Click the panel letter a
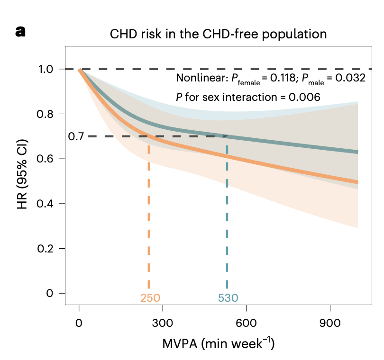click(21, 32)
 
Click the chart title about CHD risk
click(219, 34)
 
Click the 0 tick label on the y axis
click(50, 293)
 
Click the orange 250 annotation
click(150, 298)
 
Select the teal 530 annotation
click(228, 298)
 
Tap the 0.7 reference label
click(76, 136)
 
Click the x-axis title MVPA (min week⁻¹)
click(219, 343)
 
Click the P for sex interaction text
click(248, 97)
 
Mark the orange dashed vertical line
click(149, 218)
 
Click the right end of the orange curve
click(356, 182)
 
